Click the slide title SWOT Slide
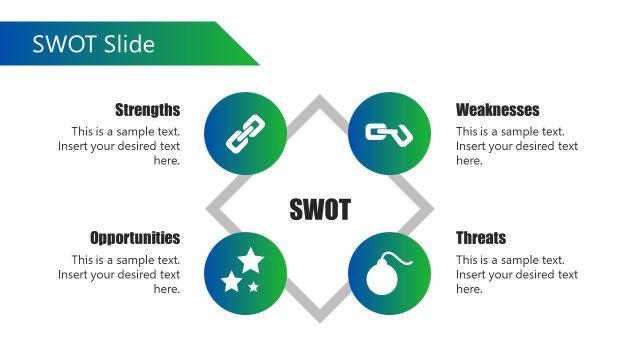coord(93,44)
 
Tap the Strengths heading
coord(147,110)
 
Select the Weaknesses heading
coord(497,110)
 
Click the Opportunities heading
coord(135,238)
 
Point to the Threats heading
coord(481,238)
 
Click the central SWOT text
coord(320,209)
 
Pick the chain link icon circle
coord(245,134)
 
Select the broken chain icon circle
coord(389,134)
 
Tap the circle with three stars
coord(245,273)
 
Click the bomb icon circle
coord(389,273)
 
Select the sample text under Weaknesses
coord(516,146)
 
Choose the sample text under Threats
coord(516,274)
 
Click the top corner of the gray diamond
coord(320,99)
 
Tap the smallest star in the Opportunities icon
coord(254,287)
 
